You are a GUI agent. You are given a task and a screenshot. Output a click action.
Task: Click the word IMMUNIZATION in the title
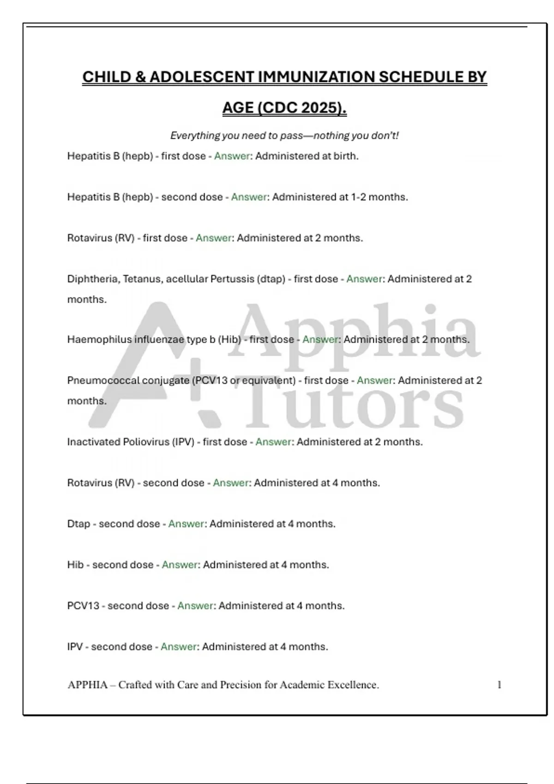(x=316, y=77)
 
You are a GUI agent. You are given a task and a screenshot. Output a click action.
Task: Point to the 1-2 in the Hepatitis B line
(x=358, y=197)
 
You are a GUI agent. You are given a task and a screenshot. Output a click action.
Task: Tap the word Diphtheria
(x=93, y=279)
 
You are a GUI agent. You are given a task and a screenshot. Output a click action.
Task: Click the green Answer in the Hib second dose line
(x=180, y=565)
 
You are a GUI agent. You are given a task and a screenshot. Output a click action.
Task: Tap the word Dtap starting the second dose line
(x=78, y=524)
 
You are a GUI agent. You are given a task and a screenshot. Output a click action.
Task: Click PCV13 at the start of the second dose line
(x=83, y=606)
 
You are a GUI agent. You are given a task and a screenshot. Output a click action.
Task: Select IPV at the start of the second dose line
(x=75, y=647)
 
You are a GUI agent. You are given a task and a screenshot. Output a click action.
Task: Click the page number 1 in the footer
(x=499, y=685)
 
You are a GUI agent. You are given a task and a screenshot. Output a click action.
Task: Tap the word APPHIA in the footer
(x=88, y=685)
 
